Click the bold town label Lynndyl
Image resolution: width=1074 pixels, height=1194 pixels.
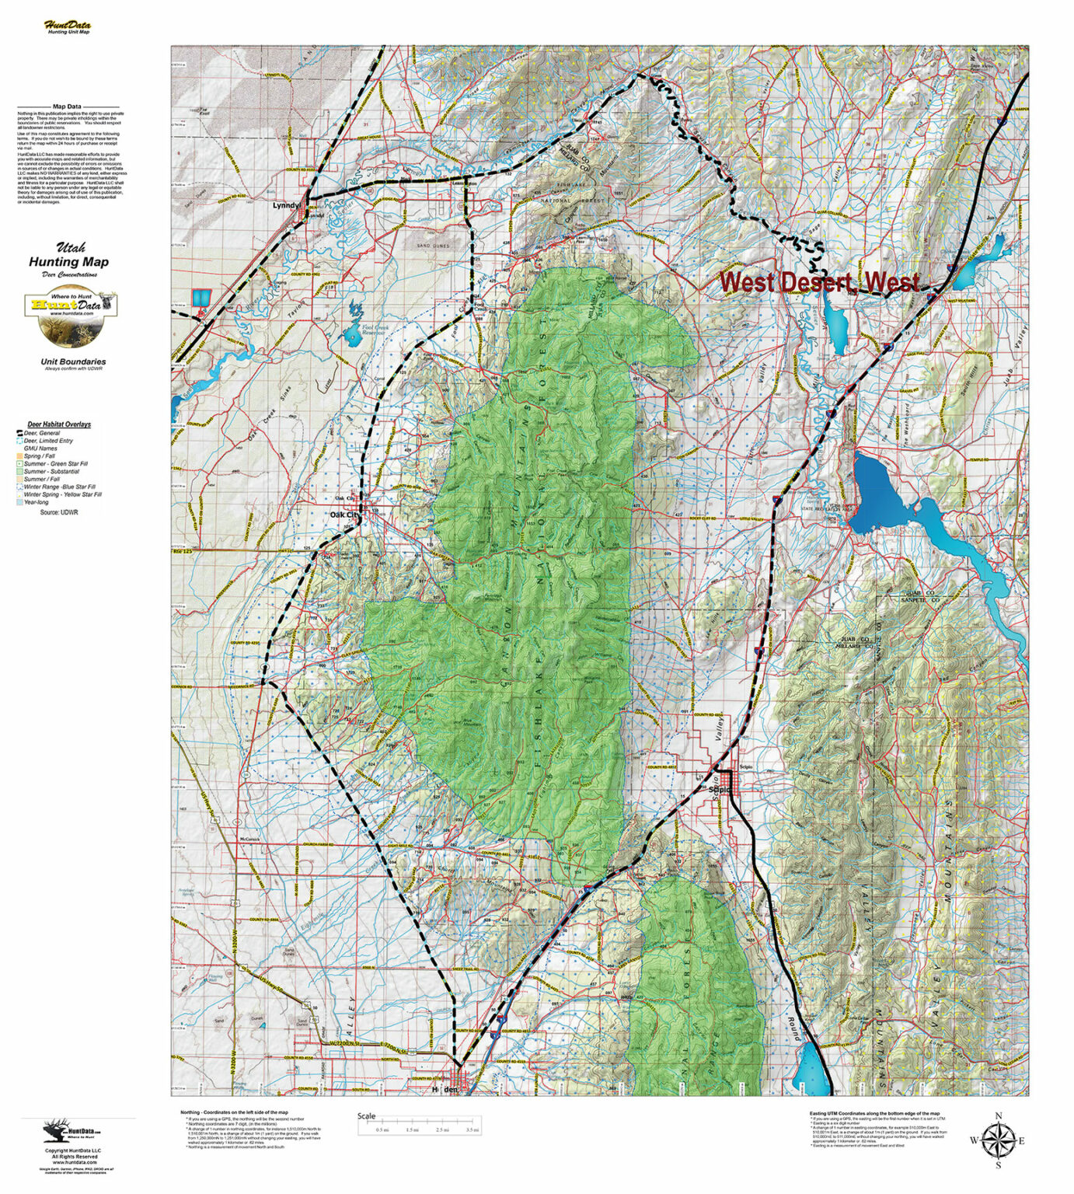[x=286, y=207]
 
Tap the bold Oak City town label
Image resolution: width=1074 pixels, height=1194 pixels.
[x=345, y=515]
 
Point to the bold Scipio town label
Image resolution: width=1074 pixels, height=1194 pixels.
[x=719, y=790]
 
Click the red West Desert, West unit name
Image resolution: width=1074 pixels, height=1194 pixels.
[x=818, y=282]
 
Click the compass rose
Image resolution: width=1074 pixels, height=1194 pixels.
[x=998, y=1140]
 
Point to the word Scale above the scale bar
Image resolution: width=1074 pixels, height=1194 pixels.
[x=366, y=1116]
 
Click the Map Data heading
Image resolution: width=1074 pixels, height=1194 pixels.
[x=68, y=106]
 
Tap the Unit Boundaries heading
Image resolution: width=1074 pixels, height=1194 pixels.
[x=73, y=361]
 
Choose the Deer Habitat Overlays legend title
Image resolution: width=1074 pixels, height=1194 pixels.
[x=59, y=424]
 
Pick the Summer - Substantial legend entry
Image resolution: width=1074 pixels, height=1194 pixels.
[x=51, y=471]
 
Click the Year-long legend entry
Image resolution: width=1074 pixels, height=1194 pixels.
[x=36, y=502]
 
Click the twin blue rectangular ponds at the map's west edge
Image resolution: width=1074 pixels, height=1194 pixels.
[x=201, y=298]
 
